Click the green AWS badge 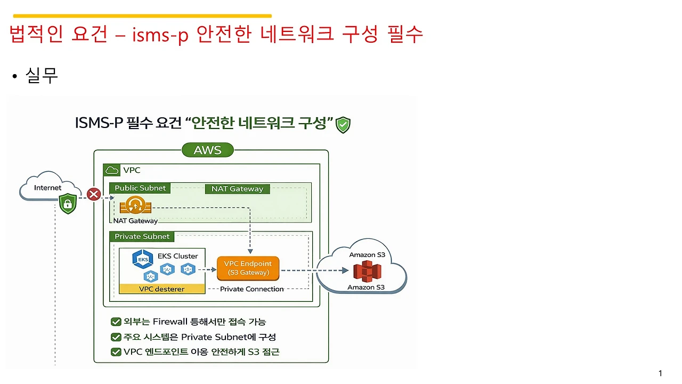[x=207, y=150]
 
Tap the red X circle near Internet [x=94, y=194]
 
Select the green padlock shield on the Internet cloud [x=68, y=204]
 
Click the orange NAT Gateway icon [x=135, y=206]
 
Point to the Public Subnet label [x=140, y=188]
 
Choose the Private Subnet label [x=142, y=236]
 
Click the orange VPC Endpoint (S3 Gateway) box [x=247, y=268]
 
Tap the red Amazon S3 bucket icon [x=367, y=271]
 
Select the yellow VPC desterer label [x=161, y=289]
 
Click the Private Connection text [x=252, y=289]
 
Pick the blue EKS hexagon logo [x=143, y=260]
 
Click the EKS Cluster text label [x=177, y=256]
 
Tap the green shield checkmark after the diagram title [x=343, y=125]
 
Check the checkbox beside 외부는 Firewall [x=115, y=322]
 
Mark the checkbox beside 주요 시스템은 [x=115, y=337]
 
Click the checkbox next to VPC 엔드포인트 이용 [x=115, y=352]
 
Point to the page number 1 [x=660, y=373]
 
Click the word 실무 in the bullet [x=42, y=76]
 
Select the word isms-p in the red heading [x=152, y=35]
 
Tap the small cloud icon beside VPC [x=112, y=171]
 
